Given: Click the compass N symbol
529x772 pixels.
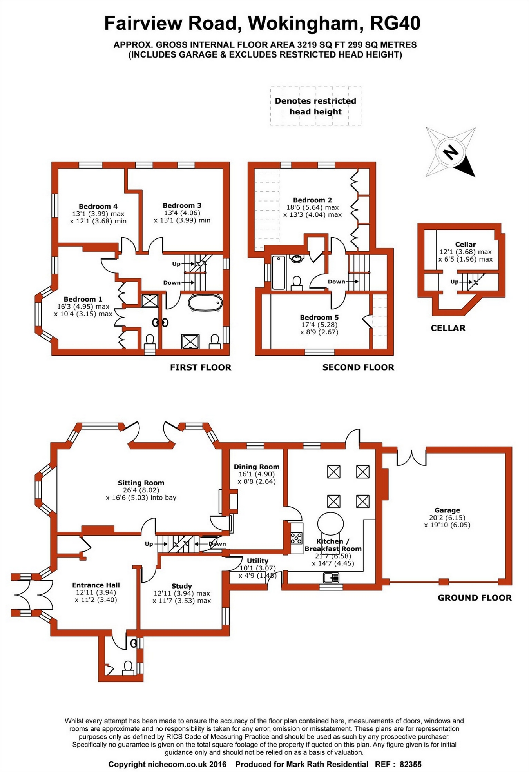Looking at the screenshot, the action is point(451,152).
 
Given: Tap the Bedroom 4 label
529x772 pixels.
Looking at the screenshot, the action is point(98,206).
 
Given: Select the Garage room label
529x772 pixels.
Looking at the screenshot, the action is point(447,510).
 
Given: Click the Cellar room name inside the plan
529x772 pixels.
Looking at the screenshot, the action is point(465,244).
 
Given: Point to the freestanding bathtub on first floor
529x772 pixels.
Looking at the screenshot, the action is point(205,303).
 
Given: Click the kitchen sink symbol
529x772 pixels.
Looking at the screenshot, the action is point(331,578).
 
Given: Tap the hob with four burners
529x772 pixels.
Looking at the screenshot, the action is point(296,538).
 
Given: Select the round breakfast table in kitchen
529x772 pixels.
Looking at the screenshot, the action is point(330,523).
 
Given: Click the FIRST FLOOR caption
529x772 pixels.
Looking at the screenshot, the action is point(201,367).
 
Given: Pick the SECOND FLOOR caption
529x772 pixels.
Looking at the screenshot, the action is point(358,367).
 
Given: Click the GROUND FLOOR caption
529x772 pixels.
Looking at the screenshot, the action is point(475,598).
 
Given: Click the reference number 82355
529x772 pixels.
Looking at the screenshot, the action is point(411,764).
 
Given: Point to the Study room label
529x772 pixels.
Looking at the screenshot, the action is point(181,586).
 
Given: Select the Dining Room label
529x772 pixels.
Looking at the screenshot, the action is point(257,467).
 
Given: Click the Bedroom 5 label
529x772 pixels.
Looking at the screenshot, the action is point(319,317).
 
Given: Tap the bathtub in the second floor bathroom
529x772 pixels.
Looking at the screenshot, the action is point(279,272).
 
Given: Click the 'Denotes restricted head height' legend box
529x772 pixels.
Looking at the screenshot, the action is point(315,106).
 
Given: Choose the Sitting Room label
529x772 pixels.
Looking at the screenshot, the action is point(141,483).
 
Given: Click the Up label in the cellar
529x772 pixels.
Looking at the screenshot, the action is point(454,282).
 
